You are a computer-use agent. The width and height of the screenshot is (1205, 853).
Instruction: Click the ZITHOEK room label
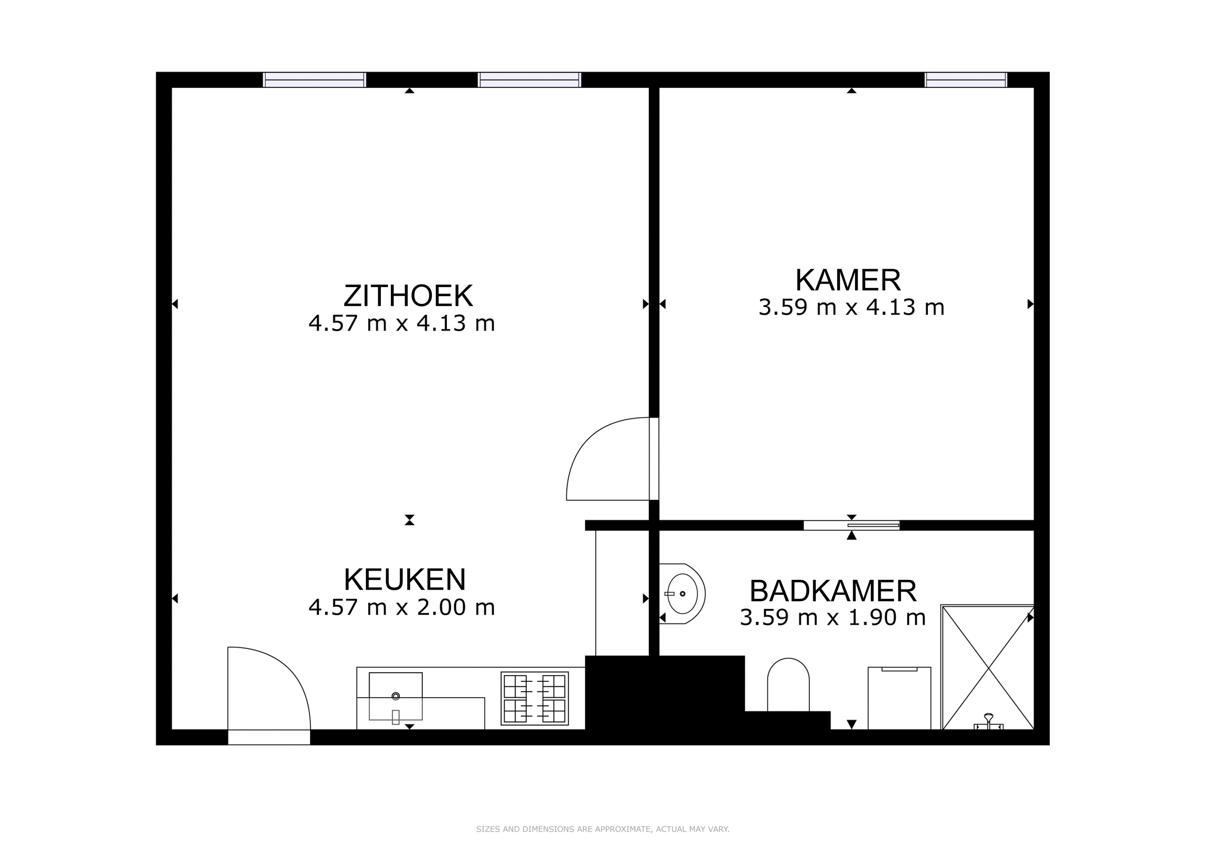click(408, 296)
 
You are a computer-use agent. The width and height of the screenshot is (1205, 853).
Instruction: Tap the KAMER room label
click(848, 280)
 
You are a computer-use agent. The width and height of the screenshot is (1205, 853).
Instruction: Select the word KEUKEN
click(405, 580)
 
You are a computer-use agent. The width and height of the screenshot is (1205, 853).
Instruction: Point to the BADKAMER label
click(833, 592)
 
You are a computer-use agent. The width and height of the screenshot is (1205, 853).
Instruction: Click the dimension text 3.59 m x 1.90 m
click(833, 618)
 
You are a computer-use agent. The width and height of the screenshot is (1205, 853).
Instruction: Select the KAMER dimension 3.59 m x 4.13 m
click(851, 307)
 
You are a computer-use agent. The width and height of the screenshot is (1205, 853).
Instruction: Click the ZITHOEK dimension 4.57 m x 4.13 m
click(402, 323)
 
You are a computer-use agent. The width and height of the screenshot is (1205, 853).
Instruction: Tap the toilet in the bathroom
click(788, 685)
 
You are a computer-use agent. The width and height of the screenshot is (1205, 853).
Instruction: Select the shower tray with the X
click(987, 668)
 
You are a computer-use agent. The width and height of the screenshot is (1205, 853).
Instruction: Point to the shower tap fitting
click(988, 722)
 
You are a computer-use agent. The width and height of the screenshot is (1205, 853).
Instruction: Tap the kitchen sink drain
click(396, 697)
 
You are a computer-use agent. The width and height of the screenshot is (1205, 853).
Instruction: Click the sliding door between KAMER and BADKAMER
click(851, 525)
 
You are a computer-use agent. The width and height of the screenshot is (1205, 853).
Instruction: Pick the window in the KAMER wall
click(965, 80)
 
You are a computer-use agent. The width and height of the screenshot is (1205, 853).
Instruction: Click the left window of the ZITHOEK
click(314, 80)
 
